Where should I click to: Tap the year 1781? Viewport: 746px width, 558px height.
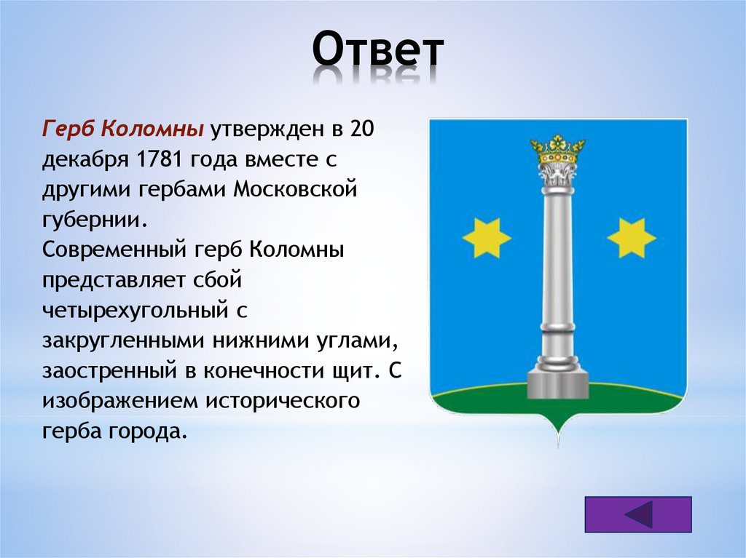160,159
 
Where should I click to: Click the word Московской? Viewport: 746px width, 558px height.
295,189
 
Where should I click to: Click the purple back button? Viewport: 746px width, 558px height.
638,514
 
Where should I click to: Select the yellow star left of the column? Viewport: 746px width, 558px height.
486,238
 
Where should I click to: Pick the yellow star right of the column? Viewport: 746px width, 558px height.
632,238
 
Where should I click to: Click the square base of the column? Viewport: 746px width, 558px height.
557,385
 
